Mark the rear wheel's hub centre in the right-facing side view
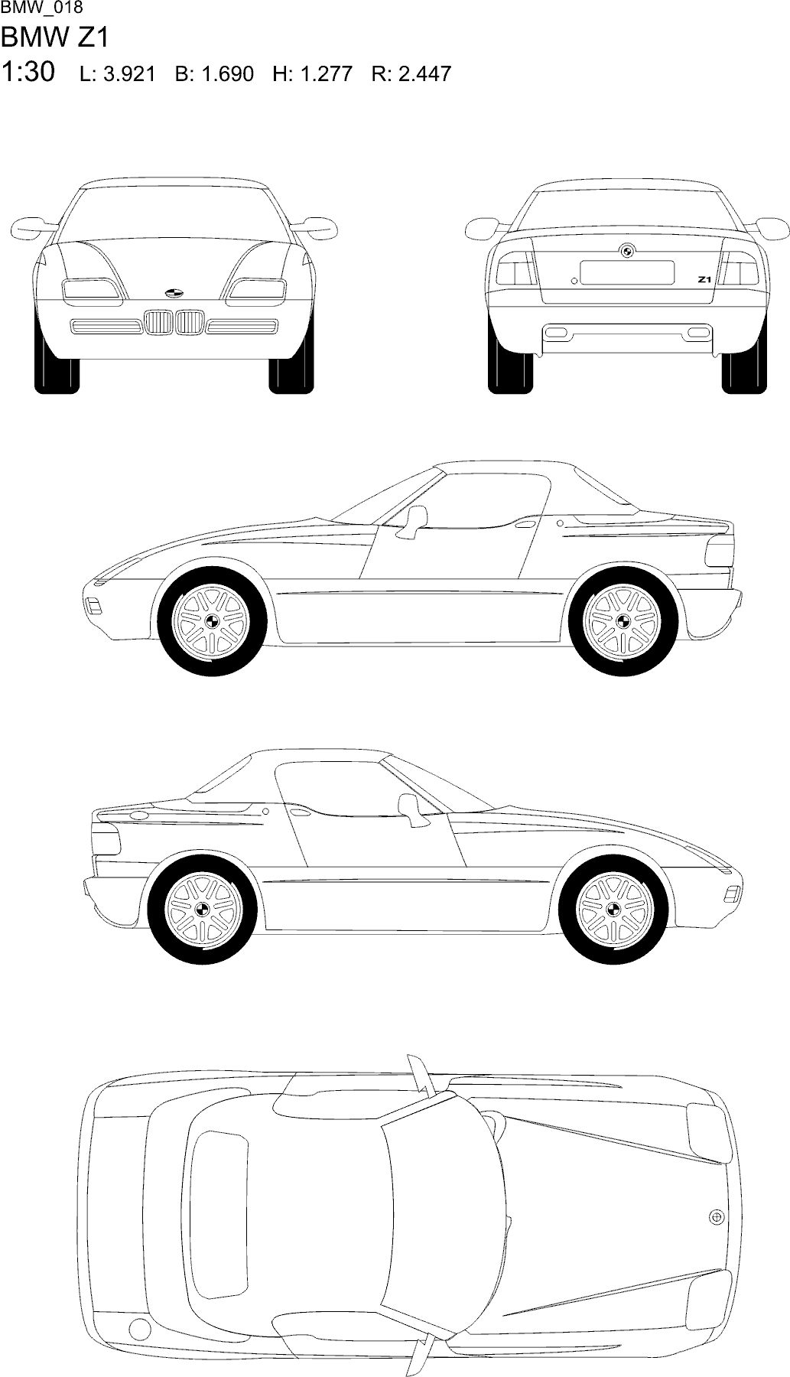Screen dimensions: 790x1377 coord(203,908)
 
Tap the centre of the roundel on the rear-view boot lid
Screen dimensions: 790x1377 coord(626,250)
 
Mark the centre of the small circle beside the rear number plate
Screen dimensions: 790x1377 coord(574,281)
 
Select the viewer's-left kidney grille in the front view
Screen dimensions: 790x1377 coord(158,322)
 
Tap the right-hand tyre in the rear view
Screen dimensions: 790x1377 coord(744,373)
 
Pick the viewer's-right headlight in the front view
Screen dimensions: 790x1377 coord(255,289)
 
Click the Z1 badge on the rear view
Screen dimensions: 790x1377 coord(704,280)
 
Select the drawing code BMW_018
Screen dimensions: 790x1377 coord(42,8)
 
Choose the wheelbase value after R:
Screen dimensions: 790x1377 coord(425,74)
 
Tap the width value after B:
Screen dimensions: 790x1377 coord(227,74)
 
